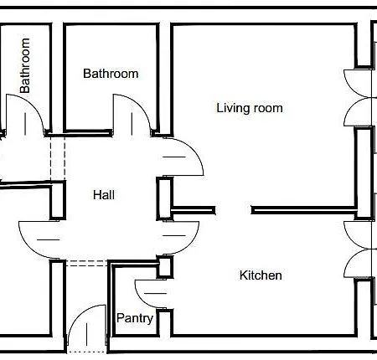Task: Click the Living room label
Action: point(249,108)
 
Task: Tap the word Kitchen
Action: point(261,275)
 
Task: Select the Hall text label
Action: point(104,195)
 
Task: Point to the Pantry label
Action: point(134,318)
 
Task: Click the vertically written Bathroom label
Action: point(25,65)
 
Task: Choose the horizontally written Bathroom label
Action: point(111,74)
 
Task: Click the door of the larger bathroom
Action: point(130,113)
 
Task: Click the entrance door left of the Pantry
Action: point(85,327)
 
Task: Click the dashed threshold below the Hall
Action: point(87,262)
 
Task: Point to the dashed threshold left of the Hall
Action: point(57,157)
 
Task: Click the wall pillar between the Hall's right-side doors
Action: point(164,196)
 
